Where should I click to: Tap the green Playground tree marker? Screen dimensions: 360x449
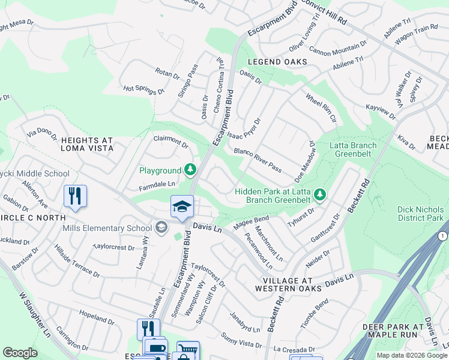(x=190, y=170)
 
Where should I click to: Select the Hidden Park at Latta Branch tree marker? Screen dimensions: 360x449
(x=321, y=194)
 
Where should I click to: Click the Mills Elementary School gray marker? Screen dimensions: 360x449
(x=161, y=227)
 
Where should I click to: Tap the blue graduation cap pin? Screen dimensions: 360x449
(x=182, y=207)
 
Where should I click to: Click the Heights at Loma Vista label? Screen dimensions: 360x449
(x=86, y=145)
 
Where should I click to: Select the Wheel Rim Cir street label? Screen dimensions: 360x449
(x=321, y=108)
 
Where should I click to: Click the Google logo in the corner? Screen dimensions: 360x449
(x=20, y=353)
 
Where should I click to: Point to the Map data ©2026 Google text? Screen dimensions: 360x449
(x=412, y=355)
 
